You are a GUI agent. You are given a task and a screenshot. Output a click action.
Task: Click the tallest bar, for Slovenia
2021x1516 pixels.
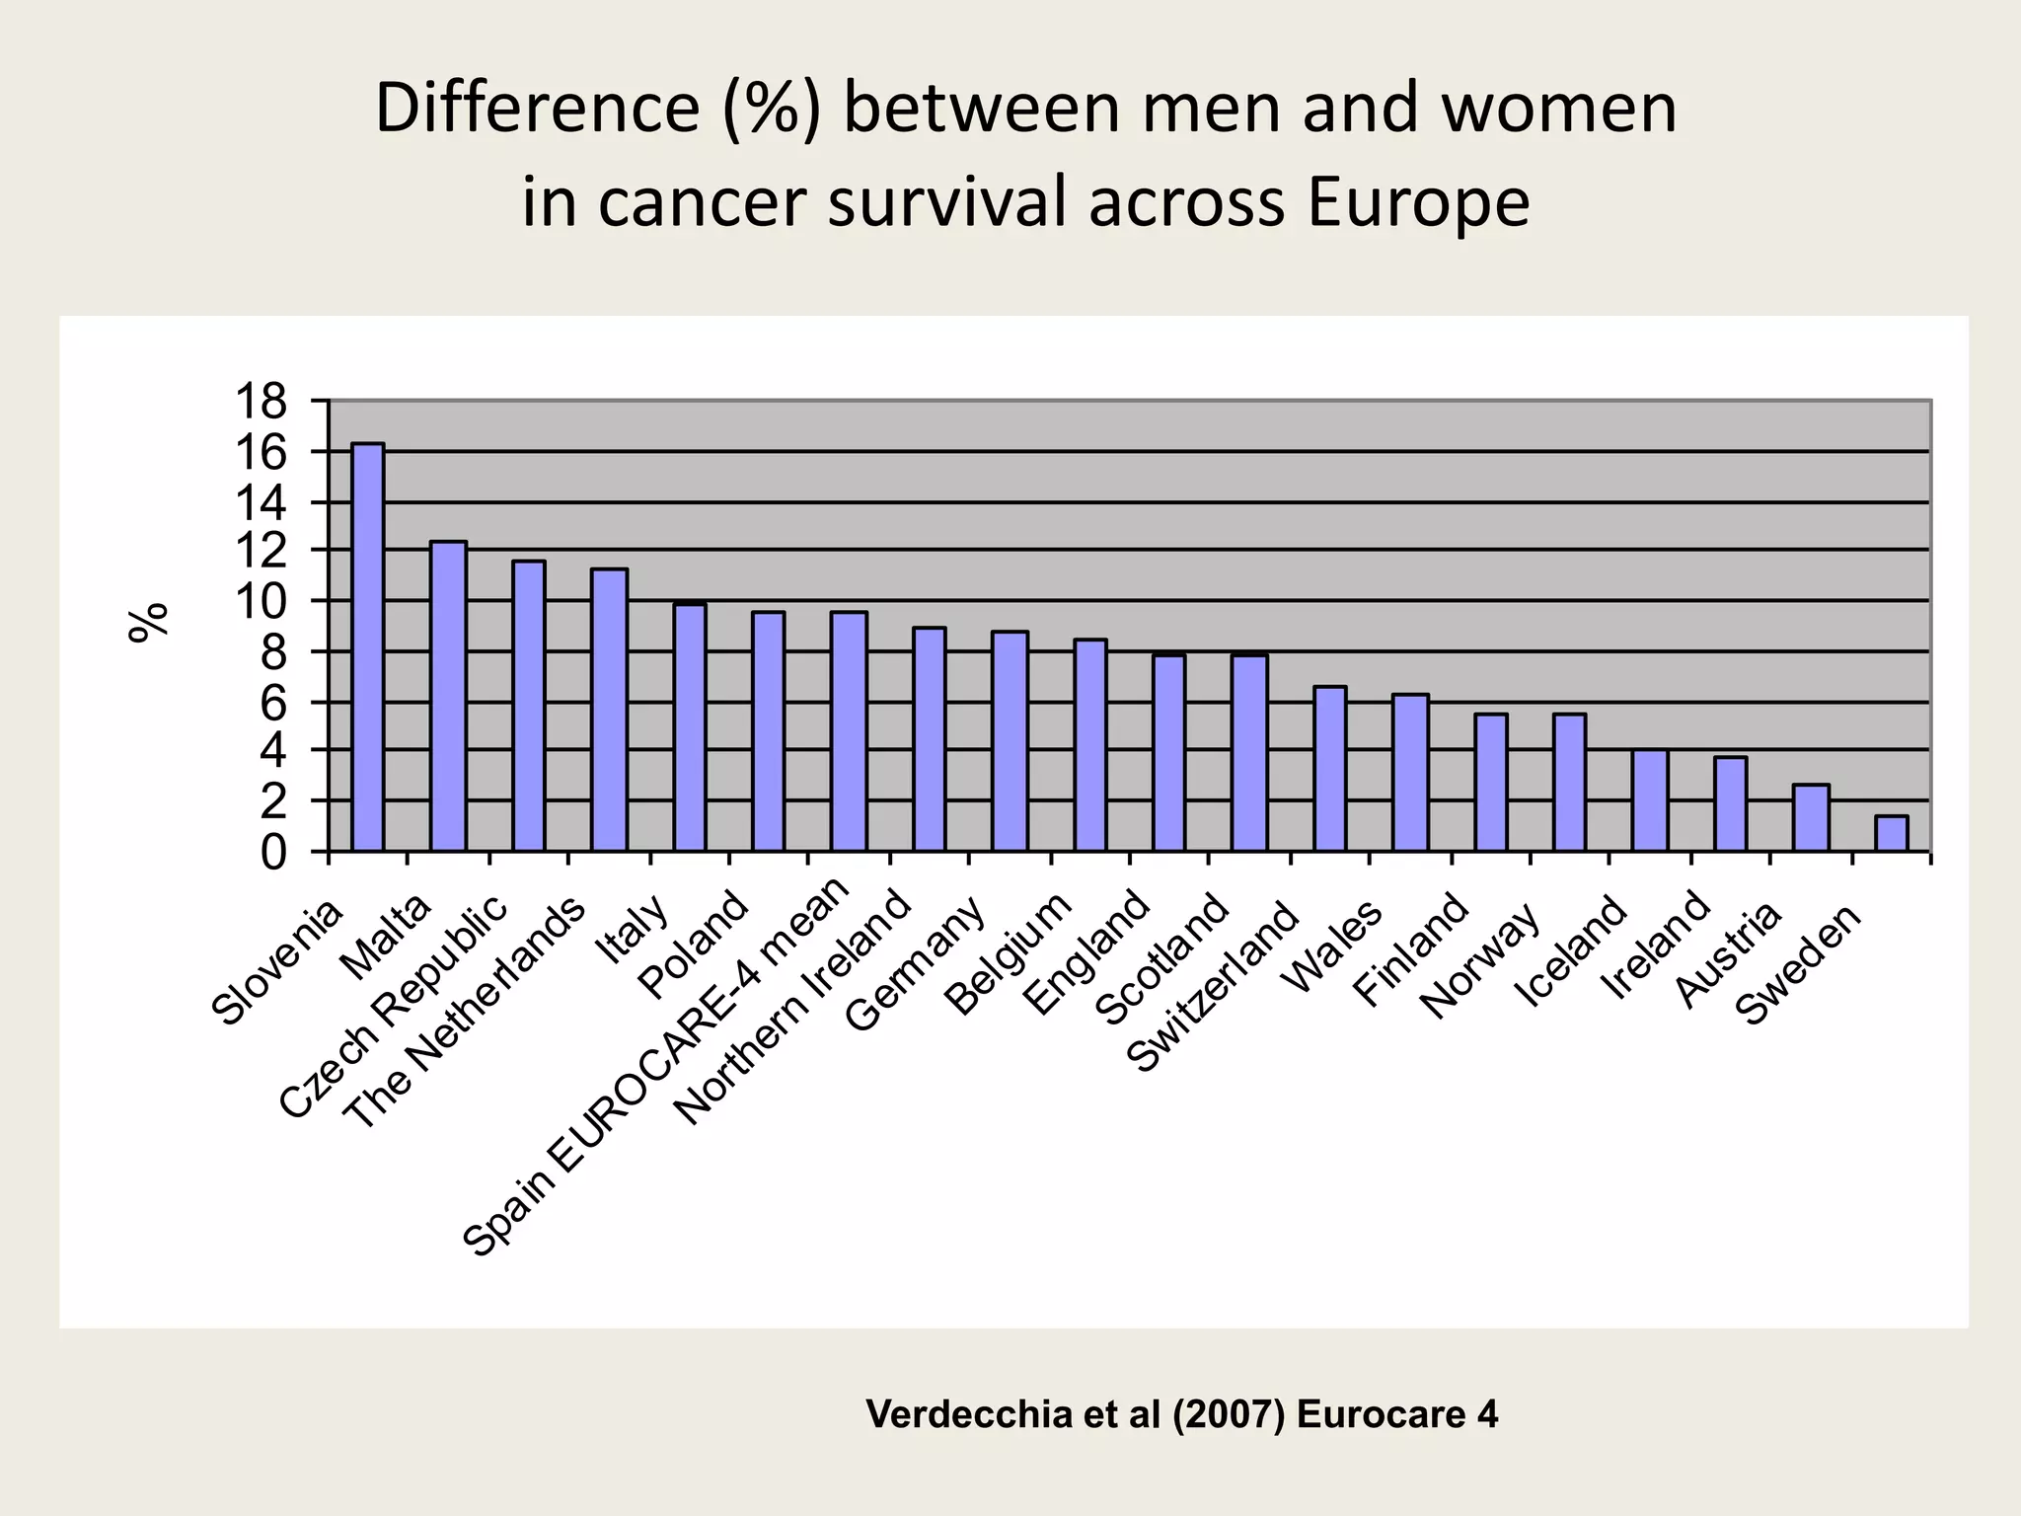[368, 646]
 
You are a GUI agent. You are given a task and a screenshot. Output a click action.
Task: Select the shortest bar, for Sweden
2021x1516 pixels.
[1891, 833]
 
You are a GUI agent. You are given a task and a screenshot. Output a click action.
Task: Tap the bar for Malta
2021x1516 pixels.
[448, 696]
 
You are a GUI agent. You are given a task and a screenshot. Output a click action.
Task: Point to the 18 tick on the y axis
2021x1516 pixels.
[261, 403]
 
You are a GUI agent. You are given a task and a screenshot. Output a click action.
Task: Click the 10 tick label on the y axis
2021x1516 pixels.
[261, 601]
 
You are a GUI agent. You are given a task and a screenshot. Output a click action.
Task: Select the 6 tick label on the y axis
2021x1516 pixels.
[273, 704]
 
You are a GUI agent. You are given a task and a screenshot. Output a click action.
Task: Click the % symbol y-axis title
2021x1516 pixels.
[150, 623]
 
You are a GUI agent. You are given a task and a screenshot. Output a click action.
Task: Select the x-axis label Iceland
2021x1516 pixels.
[1571, 951]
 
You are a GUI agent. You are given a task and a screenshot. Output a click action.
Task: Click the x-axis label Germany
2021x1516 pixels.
[917, 964]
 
